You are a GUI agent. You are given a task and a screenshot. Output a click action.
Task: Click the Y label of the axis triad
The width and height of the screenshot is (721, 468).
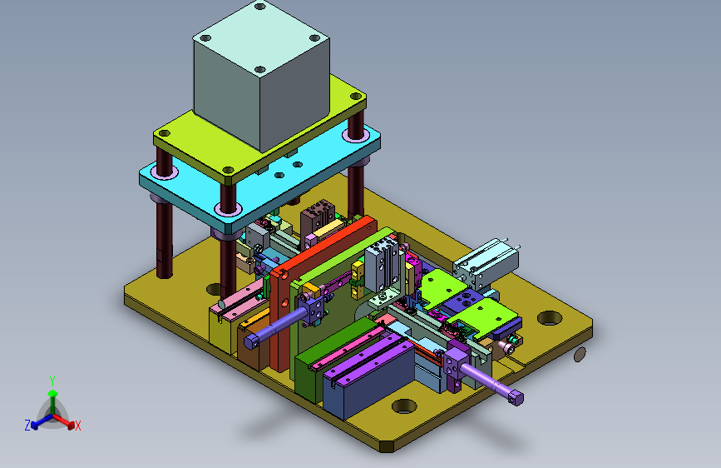click(52, 381)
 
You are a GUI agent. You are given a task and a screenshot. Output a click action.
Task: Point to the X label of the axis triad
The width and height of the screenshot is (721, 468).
click(77, 426)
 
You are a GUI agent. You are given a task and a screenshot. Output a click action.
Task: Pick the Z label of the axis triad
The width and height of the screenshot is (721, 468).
click(27, 426)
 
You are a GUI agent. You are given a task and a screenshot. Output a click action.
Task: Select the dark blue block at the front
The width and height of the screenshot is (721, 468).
click(368, 378)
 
